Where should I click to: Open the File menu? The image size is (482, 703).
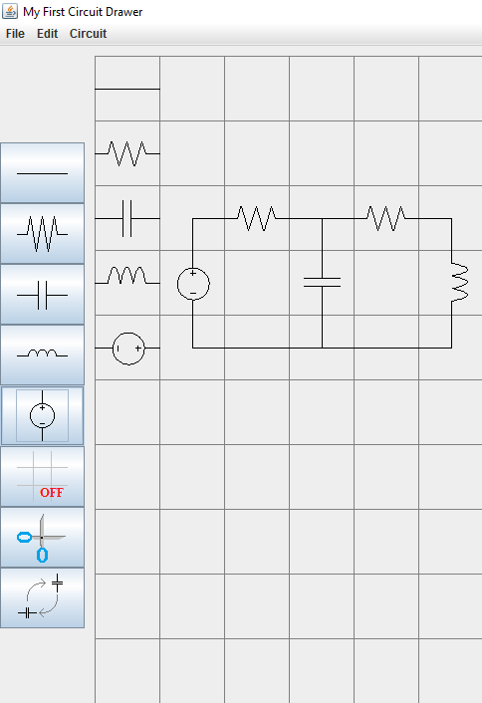click(x=15, y=34)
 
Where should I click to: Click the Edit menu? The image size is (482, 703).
click(x=47, y=34)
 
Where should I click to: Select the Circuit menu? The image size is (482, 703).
click(x=88, y=34)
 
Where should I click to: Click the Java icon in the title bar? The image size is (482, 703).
click(x=10, y=11)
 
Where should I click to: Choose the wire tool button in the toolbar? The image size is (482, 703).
click(x=42, y=173)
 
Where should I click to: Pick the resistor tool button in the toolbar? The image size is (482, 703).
click(x=42, y=234)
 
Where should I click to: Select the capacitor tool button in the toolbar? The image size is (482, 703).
click(x=42, y=295)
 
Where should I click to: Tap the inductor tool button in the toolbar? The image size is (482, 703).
click(x=42, y=355)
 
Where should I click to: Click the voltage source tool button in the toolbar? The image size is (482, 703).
click(x=42, y=415)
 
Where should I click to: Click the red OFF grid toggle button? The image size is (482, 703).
click(x=42, y=477)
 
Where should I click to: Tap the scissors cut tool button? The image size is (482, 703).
click(x=42, y=537)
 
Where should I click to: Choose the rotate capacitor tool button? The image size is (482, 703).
click(x=42, y=598)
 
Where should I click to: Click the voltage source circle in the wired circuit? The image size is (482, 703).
click(x=193, y=268)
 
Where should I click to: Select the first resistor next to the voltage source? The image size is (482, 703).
click(x=257, y=218)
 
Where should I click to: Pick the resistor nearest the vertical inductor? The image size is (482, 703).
click(x=386, y=218)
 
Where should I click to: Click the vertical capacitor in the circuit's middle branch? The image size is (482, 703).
click(x=322, y=283)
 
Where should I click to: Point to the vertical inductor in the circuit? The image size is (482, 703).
click(x=460, y=283)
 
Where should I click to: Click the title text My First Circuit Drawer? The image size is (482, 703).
click(x=83, y=12)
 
